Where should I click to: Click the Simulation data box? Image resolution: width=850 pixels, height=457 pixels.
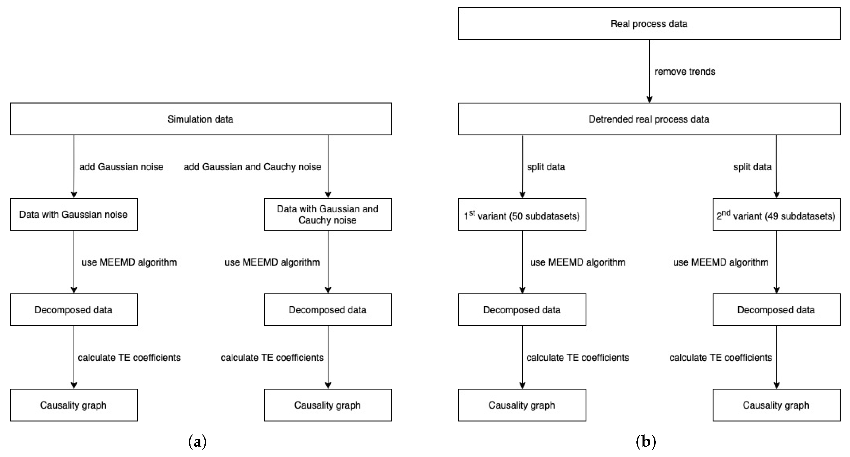click(x=201, y=119)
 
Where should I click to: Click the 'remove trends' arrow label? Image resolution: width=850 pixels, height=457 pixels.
click(x=685, y=72)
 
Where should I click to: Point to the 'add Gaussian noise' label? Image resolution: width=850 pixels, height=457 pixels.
click(x=121, y=167)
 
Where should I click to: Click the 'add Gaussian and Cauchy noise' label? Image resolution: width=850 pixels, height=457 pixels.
click(x=252, y=167)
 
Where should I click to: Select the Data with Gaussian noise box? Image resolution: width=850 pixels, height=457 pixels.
click(x=74, y=214)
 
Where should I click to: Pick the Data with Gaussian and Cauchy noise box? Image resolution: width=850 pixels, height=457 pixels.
click(x=328, y=214)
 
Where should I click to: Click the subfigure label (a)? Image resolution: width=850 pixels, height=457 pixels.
click(x=197, y=442)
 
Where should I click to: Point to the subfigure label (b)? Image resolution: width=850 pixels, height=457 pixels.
click(x=646, y=442)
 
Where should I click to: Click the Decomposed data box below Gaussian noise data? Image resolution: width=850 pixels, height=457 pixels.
click(x=74, y=310)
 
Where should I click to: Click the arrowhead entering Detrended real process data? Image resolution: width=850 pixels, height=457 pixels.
click(x=649, y=99)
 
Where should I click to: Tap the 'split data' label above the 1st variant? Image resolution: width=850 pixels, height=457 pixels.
click(x=546, y=167)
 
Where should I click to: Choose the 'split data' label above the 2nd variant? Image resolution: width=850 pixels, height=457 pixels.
click(x=752, y=167)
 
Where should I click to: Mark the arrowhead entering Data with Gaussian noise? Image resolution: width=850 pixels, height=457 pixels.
click(x=74, y=194)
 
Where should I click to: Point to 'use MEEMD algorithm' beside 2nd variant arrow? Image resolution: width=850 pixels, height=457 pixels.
click(x=721, y=262)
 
